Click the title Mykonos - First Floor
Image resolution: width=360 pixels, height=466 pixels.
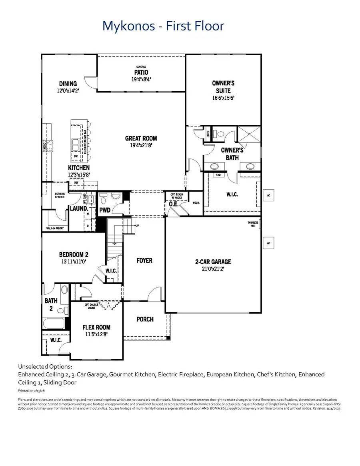pyautogui.click(x=163, y=26)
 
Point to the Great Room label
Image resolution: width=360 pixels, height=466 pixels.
pyautogui.click(x=141, y=139)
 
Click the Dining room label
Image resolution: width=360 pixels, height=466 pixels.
pyautogui.click(x=68, y=84)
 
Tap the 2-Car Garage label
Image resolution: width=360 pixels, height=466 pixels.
pyautogui.click(x=213, y=262)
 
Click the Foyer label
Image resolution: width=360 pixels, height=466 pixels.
pyautogui.click(x=144, y=261)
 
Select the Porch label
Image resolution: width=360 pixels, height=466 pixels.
pyautogui.click(x=145, y=319)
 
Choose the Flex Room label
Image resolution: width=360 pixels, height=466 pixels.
pyautogui.click(x=96, y=327)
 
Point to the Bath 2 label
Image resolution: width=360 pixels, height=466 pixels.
pyautogui.click(x=51, y=304)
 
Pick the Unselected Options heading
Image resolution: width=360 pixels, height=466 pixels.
pyautogui.click(x=45, y=366)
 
